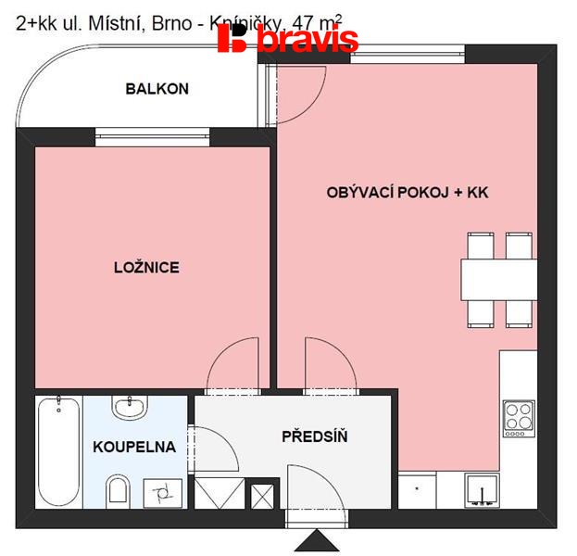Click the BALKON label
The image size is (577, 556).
(x=157, y=89)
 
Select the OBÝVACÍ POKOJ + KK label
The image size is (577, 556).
(x=407, y=193)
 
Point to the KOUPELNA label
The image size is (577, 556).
(x=134, y=447)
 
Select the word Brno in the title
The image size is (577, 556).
(x=175, y=26)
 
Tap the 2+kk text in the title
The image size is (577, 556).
(x=36, y=26)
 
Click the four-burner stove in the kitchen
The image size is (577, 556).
(x=519, y=417)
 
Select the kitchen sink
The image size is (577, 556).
(x=480, y=487)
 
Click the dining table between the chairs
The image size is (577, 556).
(x=498, y=279)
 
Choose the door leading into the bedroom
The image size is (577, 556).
(x=232, y=363)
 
